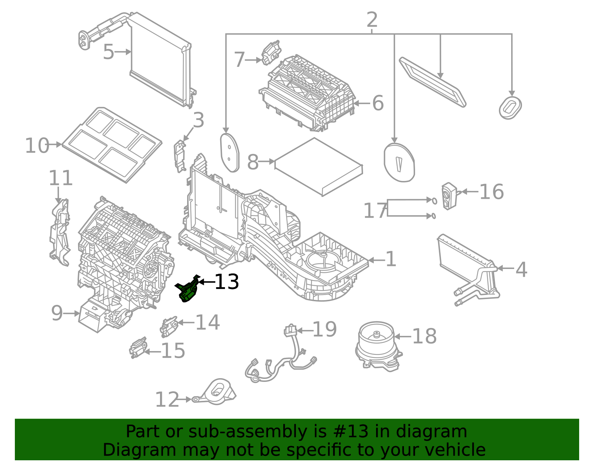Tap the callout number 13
click(x=226, y=282)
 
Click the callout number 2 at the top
click(x=372, y=20)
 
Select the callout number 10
click(x=37, y=146)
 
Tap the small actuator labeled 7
click(x=271, y=53)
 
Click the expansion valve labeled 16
click(x=449, y=196)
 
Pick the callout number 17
click(x=375, y=211)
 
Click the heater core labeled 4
click(x=468, y=267)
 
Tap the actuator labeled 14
click(x=169, y=326)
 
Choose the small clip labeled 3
click(x=180, y=156)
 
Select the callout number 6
click(x=378, y=103)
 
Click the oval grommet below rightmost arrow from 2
click(x=510, y=108)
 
